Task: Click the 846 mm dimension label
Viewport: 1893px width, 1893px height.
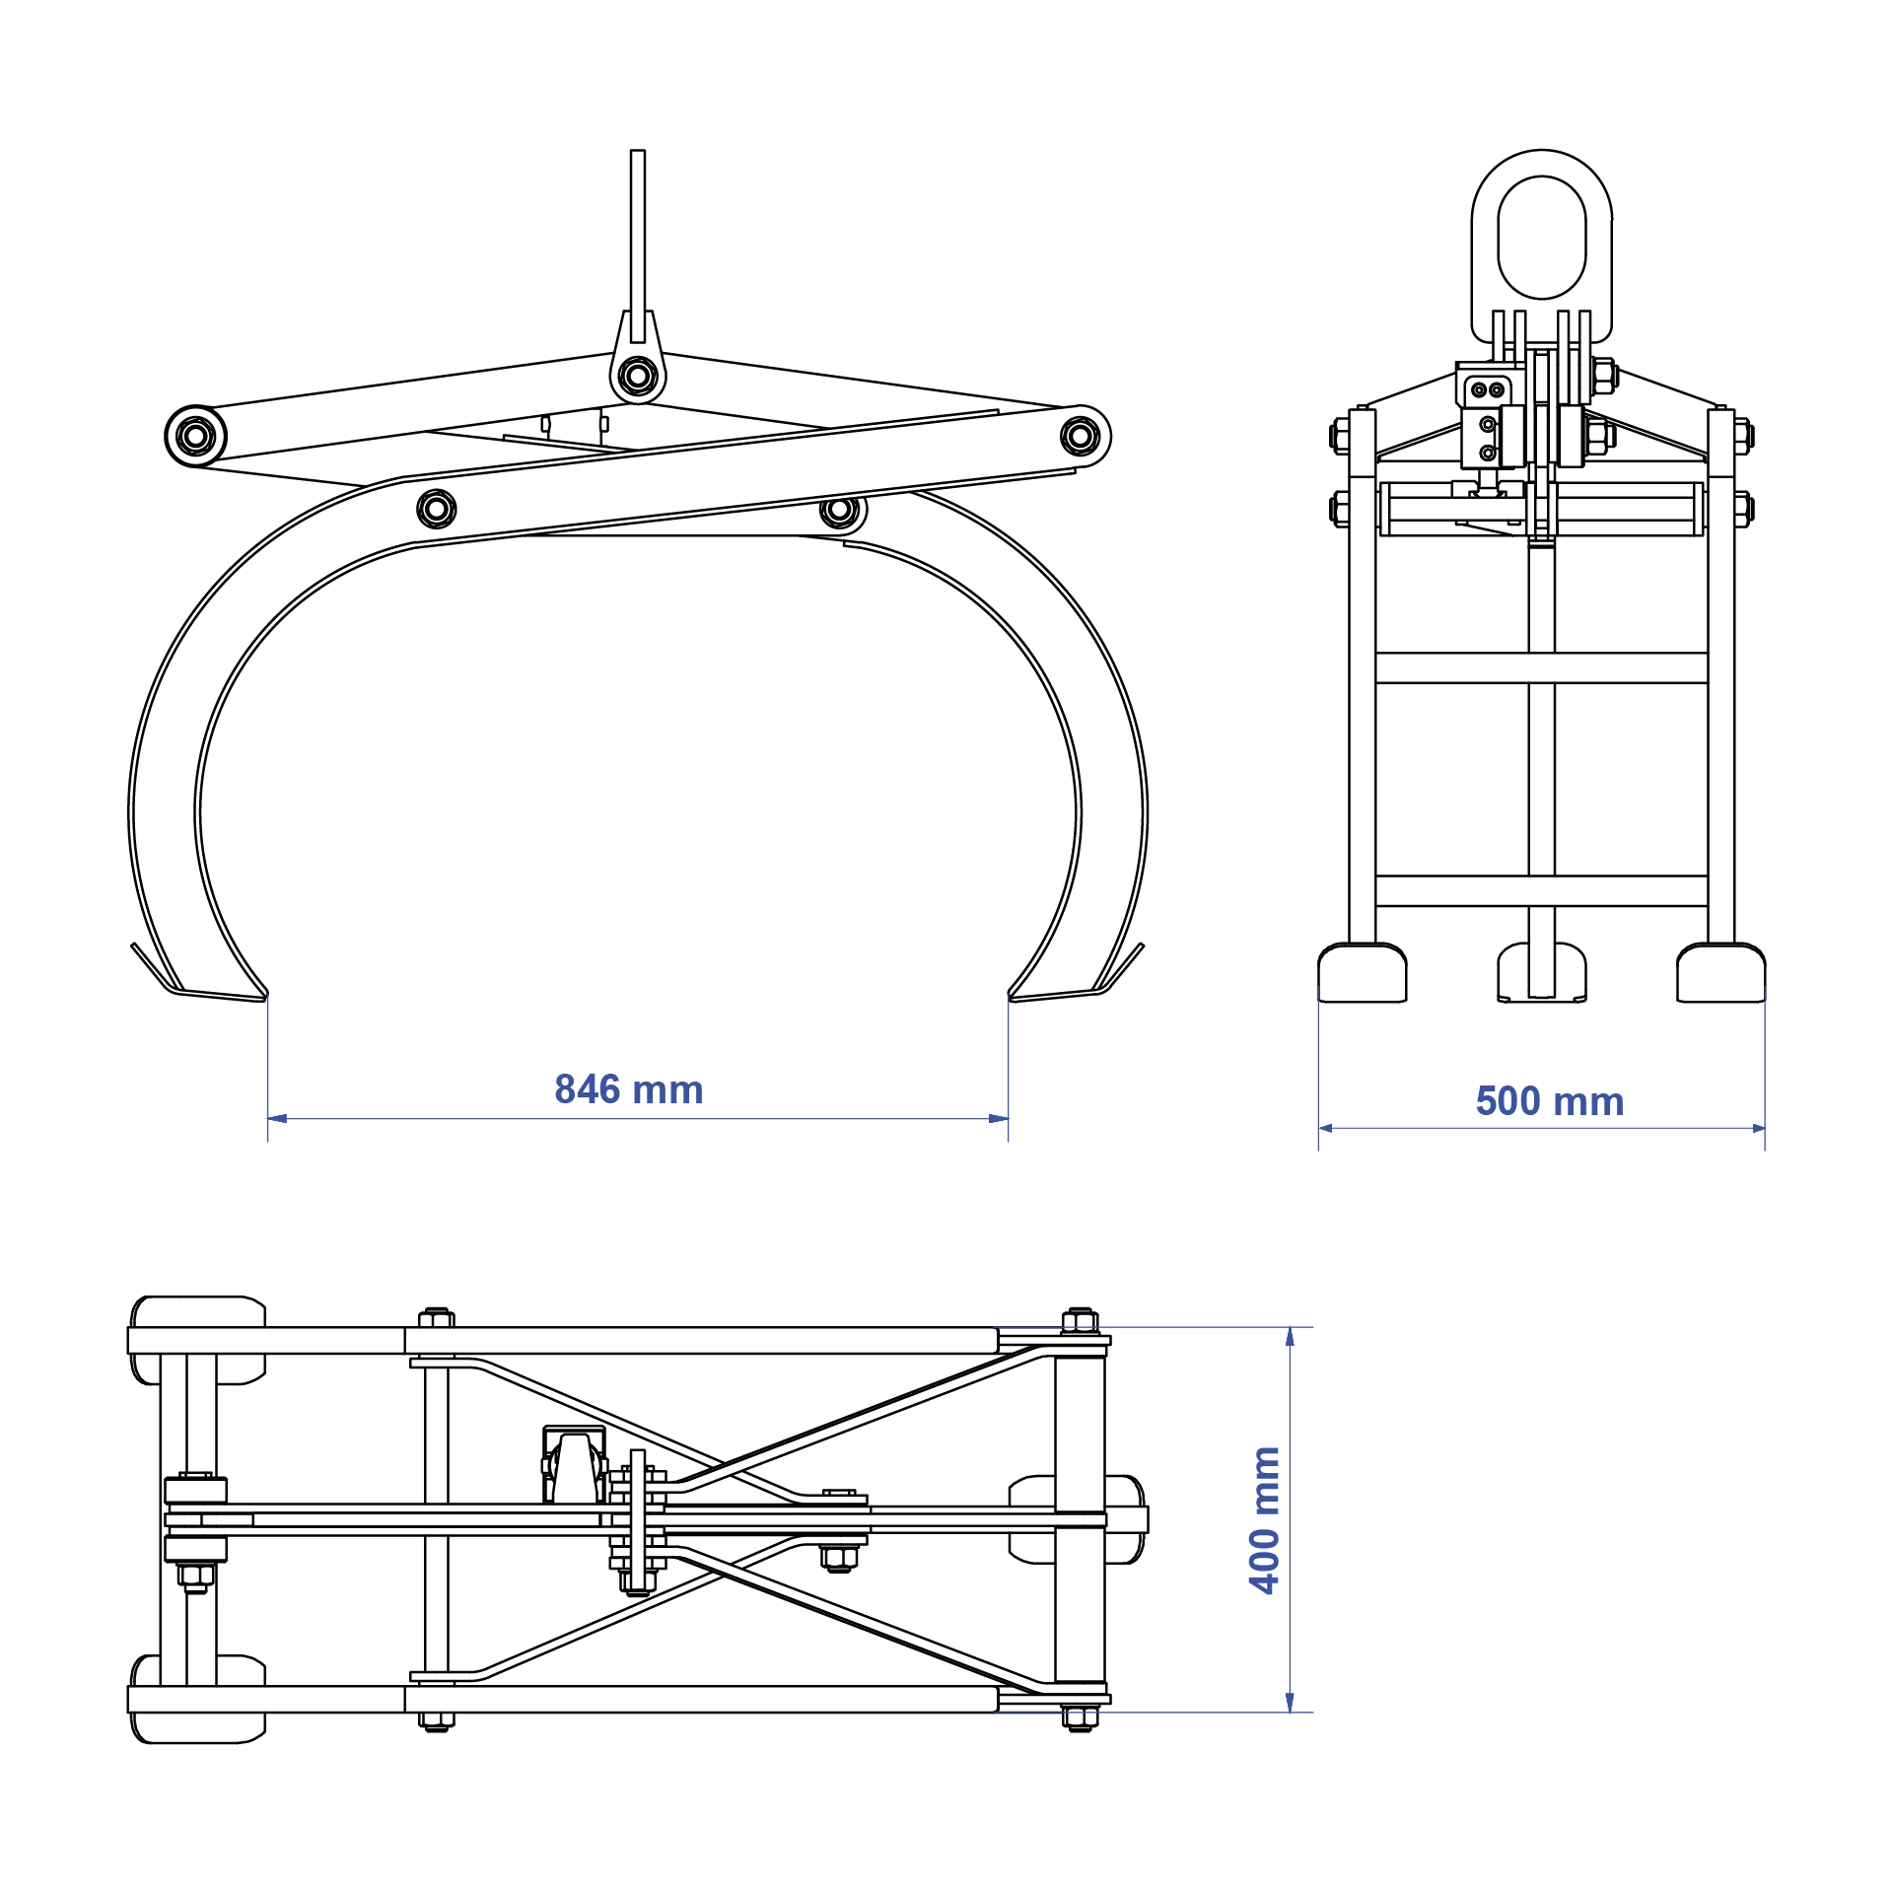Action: coord(629,1090)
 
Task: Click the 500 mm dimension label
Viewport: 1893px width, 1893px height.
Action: coord(1549,1101)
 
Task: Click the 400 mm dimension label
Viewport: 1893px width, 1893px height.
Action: coord(1264,1519)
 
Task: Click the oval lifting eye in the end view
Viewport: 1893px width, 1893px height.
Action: coord(1541,237)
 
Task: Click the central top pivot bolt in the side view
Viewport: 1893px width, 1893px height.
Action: coord(638,376)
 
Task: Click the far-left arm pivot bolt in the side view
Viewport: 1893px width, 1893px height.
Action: coord(195,435)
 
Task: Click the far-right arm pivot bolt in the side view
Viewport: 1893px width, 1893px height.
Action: coord(1080,435)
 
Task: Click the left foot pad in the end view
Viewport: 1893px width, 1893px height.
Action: coord(1362,973)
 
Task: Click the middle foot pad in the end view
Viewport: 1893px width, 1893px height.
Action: coord(1541,973)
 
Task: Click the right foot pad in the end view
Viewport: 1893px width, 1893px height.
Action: coord(1720,973)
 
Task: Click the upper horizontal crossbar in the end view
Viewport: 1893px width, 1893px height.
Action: coord(1541,667)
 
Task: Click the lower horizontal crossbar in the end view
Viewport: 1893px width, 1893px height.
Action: coord(1541,890)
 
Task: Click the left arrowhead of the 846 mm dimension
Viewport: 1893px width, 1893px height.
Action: coord(277,1119)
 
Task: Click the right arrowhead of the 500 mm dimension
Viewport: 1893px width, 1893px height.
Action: coord(1758,1128)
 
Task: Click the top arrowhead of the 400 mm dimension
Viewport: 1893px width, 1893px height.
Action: coord(1290,1337)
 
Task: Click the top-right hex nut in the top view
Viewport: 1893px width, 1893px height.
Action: coord(1080,1320)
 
